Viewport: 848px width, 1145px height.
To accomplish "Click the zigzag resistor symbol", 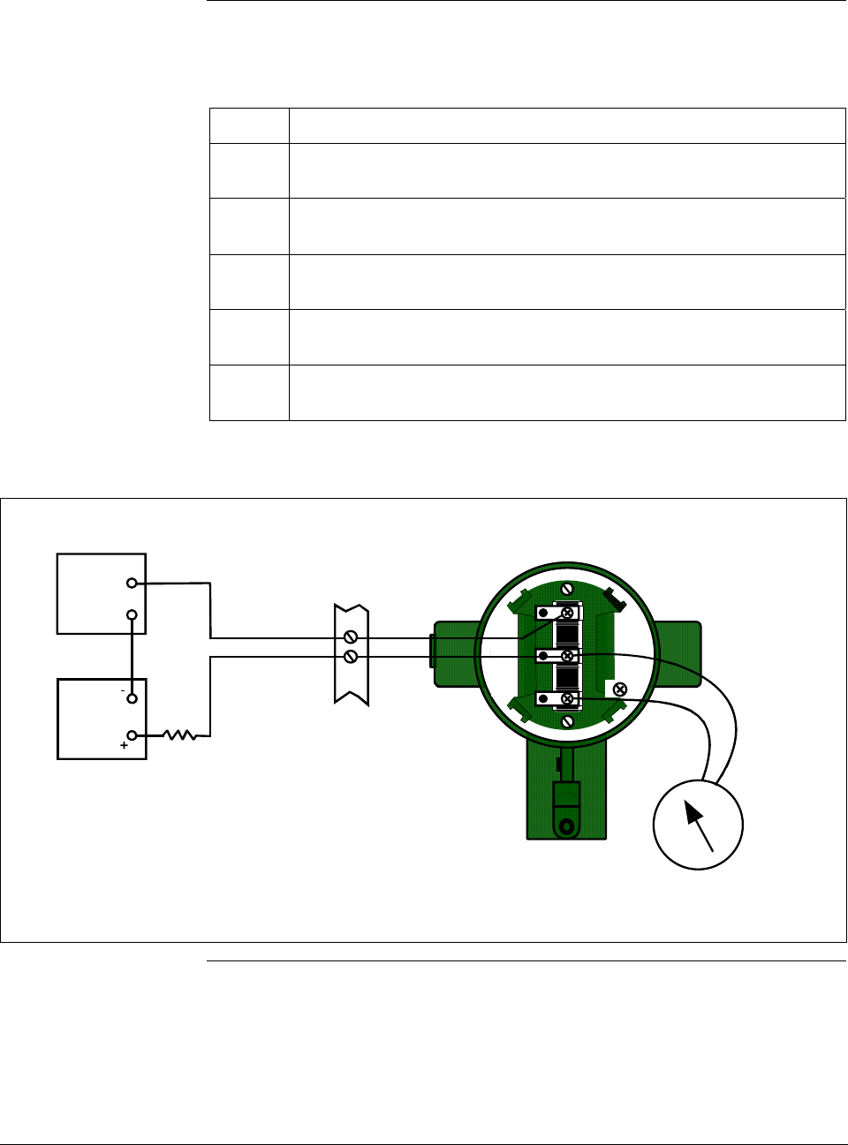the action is [x=180, y=734].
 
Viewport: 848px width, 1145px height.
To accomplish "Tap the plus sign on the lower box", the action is [x=124, y=746].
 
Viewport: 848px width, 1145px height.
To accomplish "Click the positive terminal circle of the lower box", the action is [x=132, y=734].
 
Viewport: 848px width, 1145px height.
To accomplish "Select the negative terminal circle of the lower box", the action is [x=132, y=698].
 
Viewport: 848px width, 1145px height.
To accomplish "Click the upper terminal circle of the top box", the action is [x=131, y=583].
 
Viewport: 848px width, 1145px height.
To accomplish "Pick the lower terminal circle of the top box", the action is [x=131, y=614].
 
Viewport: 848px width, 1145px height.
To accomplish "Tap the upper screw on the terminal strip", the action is [x=351, y=637].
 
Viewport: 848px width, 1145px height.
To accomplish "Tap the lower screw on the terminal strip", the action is [x=351, y=657].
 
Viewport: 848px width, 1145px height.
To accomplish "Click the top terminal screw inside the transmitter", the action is [x=568, y=613].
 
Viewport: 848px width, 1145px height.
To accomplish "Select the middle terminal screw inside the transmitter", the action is [x=568, y=656].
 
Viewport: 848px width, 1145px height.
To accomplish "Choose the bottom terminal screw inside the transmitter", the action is [x=568, y=699].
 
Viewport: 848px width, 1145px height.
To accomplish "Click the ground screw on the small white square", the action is [x=619, y=689].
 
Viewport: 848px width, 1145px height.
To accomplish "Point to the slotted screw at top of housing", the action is [x=568, y=589].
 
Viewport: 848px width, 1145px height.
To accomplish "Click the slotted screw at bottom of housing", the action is [x=568, y=722].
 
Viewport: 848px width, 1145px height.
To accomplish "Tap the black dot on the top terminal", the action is [x=543, y=613].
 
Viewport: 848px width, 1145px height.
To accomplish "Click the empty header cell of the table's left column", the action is [x=249, y=126].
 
